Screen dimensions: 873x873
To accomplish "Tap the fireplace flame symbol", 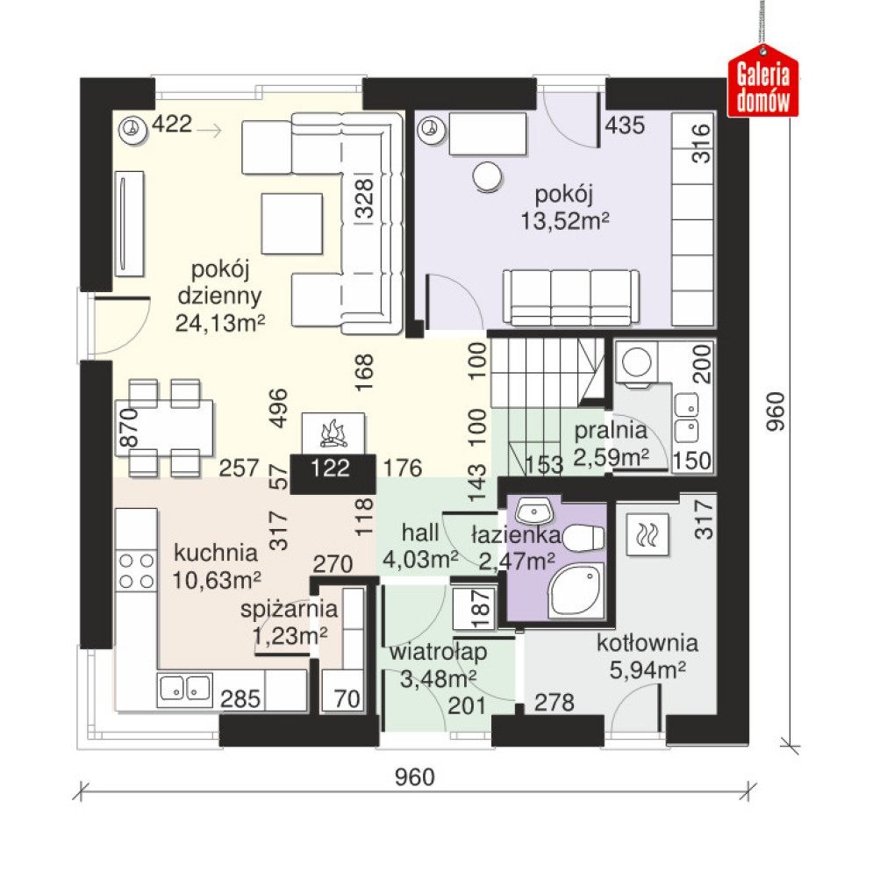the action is [x=333, y=434].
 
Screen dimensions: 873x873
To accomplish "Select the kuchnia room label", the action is [x=216, y=553].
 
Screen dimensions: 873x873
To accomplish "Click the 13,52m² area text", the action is [x=564, y=221].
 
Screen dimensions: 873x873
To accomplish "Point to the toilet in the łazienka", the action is [x=583, y=538].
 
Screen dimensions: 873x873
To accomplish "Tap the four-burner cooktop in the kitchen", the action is [x=136, y=570].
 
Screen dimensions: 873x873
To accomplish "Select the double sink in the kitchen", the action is [x=185, y=689].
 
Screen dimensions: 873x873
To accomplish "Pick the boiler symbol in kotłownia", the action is [x=647, y=534].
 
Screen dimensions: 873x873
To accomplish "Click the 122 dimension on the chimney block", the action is [x=330, y=469].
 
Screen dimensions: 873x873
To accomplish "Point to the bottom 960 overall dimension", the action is [x=414, y=776].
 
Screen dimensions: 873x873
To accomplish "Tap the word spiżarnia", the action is [x=289, y=610].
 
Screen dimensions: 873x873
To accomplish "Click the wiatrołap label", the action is [x=438, y=652].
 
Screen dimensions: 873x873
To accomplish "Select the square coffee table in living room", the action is [x=292, y=223].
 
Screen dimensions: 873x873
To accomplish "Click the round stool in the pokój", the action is [x=487, y=176].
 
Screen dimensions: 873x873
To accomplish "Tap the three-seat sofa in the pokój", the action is [x=570, y=297].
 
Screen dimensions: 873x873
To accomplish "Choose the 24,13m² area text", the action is [x=220, y=323].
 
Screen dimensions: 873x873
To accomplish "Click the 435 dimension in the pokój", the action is [x=625, y=125].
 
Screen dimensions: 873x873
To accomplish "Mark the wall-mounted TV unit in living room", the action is [x=129, y=224].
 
